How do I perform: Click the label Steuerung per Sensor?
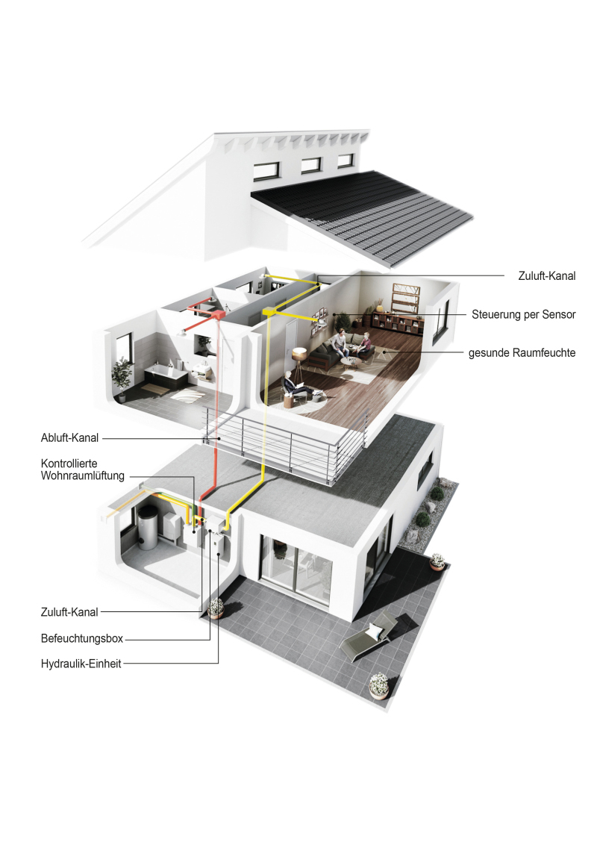point(523,315)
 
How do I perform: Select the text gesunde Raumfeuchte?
point(522,353)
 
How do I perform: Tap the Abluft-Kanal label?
point(69,438)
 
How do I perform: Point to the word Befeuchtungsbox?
point(82,638)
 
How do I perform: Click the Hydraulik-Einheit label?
point(81,664)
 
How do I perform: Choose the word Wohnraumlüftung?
point(82,475)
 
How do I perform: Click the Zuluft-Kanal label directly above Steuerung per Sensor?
point(546,276)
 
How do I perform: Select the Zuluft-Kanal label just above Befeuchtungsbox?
point(69,612)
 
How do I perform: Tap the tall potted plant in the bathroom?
point(122,378)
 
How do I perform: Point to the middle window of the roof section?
point(311,165)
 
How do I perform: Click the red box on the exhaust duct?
point(216,314)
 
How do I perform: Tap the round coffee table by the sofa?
point(351,361)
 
